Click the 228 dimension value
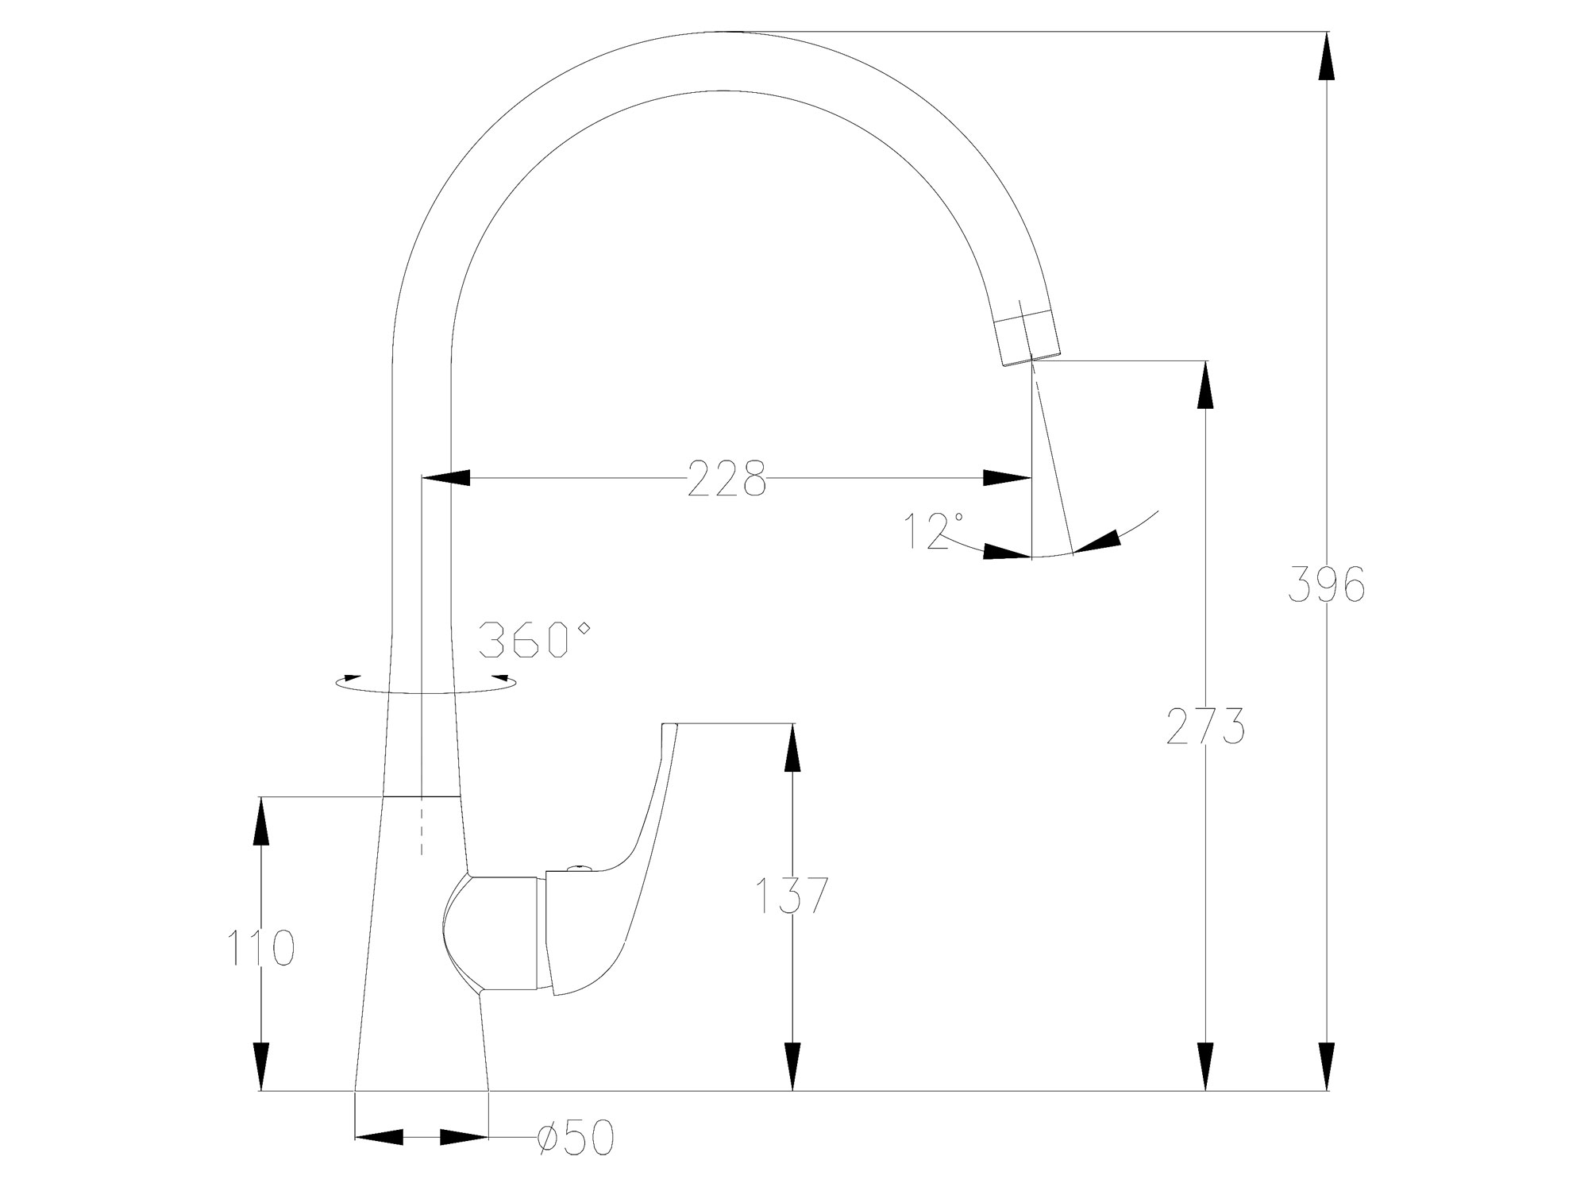[x=727, y=478]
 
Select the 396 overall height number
[x=1327, y=585]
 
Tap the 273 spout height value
[x=1205, y=726]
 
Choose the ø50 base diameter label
[x=576, y=1139]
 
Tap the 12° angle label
[x=934, y=530]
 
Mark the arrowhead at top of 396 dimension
[x=1327, y=56]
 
